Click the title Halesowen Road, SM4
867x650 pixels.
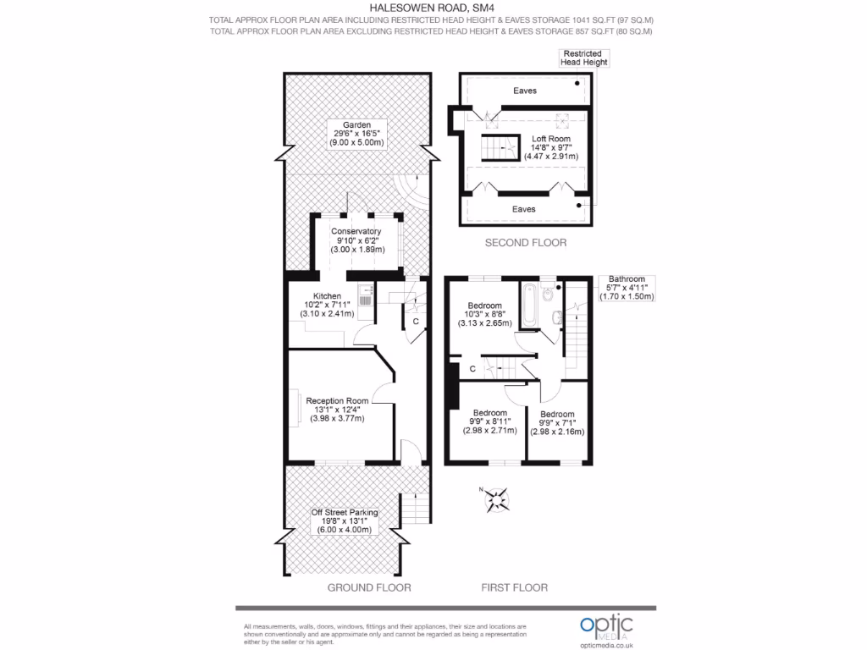coord(433,8)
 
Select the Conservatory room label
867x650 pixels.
coord(356,240)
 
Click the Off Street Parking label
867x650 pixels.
coord(344,521)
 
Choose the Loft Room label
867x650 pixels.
coord(550,147)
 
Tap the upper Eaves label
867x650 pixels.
coord(525,91)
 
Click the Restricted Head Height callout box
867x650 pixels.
coord(583,58)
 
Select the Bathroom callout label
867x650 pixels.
coord(627,288)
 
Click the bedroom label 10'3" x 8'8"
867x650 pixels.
coord(484,314)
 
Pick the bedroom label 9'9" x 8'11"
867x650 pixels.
coord(489,421)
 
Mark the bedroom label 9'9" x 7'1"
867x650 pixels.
coord(557,423)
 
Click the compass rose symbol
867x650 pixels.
coord(496,500)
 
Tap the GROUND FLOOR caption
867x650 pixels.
coord(369,587)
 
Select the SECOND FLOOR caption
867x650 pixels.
coord(525,243)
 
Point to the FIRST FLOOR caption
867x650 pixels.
coord(514,587)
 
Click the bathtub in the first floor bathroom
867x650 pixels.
coord(529,307)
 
